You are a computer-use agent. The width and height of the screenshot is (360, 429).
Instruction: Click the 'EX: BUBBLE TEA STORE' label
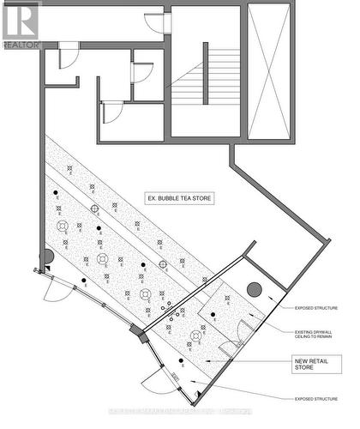pos(179,198)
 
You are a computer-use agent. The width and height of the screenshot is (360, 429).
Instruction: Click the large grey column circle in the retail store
pos(254,289)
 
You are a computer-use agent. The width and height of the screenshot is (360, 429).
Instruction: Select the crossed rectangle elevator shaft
pos(269,70)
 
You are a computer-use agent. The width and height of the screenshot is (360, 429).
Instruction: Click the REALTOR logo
pos(21,24)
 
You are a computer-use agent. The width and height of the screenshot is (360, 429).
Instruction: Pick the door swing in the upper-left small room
pos(68,55)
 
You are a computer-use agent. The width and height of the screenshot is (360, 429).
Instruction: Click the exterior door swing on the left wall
pos(54,289)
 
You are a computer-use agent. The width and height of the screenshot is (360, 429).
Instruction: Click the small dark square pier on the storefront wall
pos(134,331)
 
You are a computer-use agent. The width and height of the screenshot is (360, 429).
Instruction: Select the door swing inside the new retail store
pos(230,347)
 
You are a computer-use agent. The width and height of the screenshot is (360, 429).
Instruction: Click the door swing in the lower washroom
pos(112,112)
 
